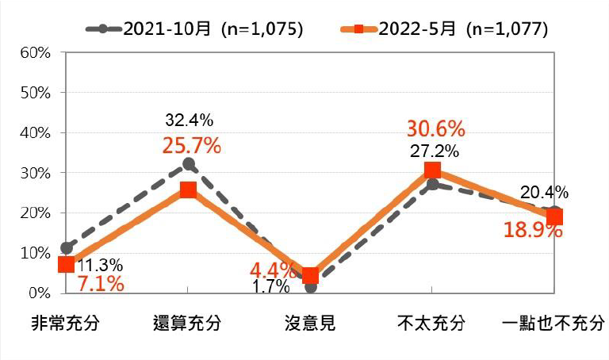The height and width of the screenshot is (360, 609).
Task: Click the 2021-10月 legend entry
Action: [194, 29]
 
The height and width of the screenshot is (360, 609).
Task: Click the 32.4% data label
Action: [189, 121]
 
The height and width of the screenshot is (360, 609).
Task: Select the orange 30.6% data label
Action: [435, 128]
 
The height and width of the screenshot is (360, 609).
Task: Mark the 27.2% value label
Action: [434, 150]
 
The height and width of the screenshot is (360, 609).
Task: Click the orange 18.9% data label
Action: [533, 231]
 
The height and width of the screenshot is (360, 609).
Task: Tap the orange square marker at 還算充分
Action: [188, 190]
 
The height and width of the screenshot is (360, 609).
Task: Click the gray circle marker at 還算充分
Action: [189, 164]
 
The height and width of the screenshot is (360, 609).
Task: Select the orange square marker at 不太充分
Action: [432, 170]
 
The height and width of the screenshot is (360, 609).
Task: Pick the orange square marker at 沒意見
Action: [310, 276]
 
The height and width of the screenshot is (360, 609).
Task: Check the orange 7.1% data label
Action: [101, 284]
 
